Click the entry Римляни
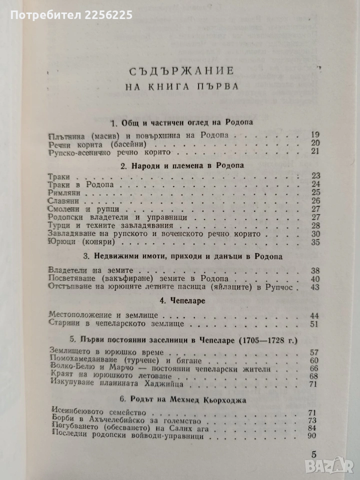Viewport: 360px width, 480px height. [x=65, y=192]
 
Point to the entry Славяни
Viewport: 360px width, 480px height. [x=65, y=201]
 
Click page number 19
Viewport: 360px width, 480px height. [x=314, y=135]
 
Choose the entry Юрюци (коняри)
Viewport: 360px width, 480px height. [x=82, y=242]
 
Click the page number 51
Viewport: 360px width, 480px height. [x=314, y=324]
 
